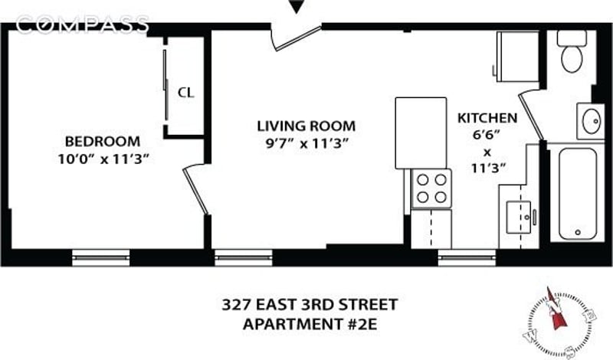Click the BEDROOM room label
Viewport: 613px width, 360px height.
(103, 141)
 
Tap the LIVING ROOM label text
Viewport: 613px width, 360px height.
(306, 126)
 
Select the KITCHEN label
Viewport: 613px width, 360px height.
(487, 118)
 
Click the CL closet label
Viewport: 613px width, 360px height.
(185, 93)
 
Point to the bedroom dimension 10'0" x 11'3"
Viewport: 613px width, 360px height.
(103, 159)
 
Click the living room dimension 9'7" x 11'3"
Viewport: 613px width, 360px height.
(306, 144)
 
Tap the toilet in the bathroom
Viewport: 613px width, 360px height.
(572, 51)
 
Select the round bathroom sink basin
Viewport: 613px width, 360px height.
(591, 121)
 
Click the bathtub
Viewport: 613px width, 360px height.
(578, 194)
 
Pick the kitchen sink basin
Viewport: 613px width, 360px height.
(519, 217)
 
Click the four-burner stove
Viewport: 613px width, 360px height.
(431, 188)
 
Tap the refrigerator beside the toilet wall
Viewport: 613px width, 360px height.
(517, 57)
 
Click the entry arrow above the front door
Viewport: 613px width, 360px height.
(297, 7)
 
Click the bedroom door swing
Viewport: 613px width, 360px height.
(195, 190)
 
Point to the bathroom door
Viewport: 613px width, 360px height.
(530, 115)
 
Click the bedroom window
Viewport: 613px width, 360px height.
(101, 257)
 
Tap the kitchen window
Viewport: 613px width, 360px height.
(467, 257)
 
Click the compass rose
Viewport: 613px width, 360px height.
(559, 322)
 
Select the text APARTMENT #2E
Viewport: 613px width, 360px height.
(310, 325)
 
